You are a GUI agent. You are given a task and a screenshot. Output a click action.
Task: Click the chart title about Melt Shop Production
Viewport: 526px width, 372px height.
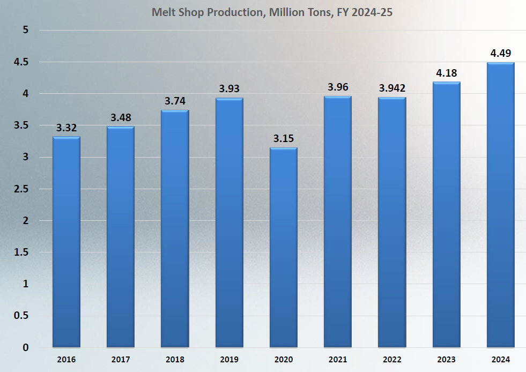272,12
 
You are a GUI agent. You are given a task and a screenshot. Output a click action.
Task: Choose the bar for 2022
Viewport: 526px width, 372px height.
391,222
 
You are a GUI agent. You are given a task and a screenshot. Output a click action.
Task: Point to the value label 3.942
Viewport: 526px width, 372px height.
392,88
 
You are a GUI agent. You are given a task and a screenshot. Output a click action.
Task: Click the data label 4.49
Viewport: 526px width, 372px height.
500,53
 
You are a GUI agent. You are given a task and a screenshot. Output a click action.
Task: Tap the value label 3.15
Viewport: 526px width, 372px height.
283,138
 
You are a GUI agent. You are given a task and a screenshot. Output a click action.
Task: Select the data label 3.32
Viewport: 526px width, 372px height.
66,128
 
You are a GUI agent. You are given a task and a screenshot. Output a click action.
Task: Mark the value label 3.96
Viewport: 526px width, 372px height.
338,87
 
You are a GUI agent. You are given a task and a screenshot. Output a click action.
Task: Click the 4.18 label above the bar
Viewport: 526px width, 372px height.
446,73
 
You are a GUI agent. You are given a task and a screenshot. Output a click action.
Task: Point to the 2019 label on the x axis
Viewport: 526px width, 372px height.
229,359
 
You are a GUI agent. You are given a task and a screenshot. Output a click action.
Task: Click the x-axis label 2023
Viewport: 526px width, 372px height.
446,359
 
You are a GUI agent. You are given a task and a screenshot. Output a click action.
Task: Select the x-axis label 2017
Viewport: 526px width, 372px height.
121,359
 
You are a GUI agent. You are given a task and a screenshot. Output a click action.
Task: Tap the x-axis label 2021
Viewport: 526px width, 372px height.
338,359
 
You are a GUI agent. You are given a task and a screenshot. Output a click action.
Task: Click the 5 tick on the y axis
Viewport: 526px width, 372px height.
25,30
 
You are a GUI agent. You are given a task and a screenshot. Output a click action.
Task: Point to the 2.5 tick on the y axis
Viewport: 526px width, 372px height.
21,189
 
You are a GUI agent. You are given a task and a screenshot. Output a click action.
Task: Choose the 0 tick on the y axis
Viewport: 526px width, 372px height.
25,347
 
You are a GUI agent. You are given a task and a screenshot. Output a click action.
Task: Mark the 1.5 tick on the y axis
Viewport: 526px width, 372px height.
21,252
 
